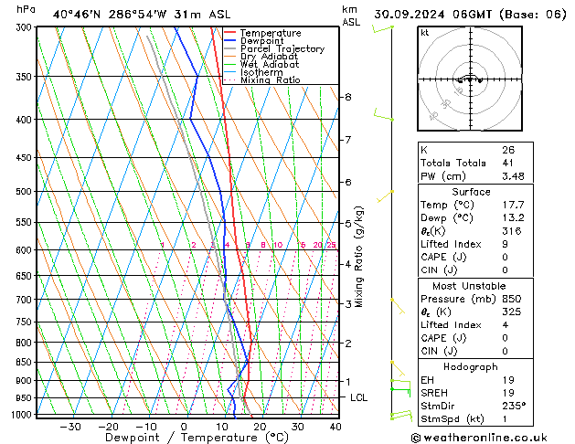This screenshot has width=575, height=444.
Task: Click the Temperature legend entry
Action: (x=271, y=33)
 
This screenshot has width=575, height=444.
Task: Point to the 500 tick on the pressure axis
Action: (x=24, y=192)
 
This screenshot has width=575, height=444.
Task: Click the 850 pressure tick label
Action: (x=24, y=363)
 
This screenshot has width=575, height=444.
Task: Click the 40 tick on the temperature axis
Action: (x=335, y=427)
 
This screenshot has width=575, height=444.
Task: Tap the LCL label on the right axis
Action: (x=359, y=397)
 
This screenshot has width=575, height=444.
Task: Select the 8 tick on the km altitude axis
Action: (x=347, y=97)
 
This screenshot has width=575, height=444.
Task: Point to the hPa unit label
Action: (x=26, y=9)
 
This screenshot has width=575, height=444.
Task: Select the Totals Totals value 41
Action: (x=508, y=163)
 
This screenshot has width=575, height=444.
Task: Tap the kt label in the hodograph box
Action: (x=425, y=33)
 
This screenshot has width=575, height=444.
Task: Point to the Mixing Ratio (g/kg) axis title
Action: (x=359, y=257)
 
